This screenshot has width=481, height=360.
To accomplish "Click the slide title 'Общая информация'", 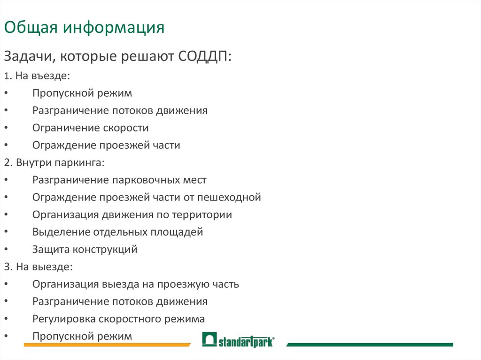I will point(85,28).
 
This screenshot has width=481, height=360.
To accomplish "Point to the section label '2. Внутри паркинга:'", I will point(54,162).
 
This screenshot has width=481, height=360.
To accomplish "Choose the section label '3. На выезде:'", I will point(38,267).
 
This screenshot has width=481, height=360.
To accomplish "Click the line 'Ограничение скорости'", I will point(91,128).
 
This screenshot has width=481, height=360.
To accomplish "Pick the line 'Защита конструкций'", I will point(85,249).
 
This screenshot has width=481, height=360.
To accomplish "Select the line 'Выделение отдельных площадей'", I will point(117,232).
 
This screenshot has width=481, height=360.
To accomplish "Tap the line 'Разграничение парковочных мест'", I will point(119,180).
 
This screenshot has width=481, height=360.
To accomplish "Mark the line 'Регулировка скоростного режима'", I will point(118,319).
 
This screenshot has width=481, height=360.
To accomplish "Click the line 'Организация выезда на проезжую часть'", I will point(136,284).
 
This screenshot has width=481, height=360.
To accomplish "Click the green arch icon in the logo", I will point(209,339).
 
